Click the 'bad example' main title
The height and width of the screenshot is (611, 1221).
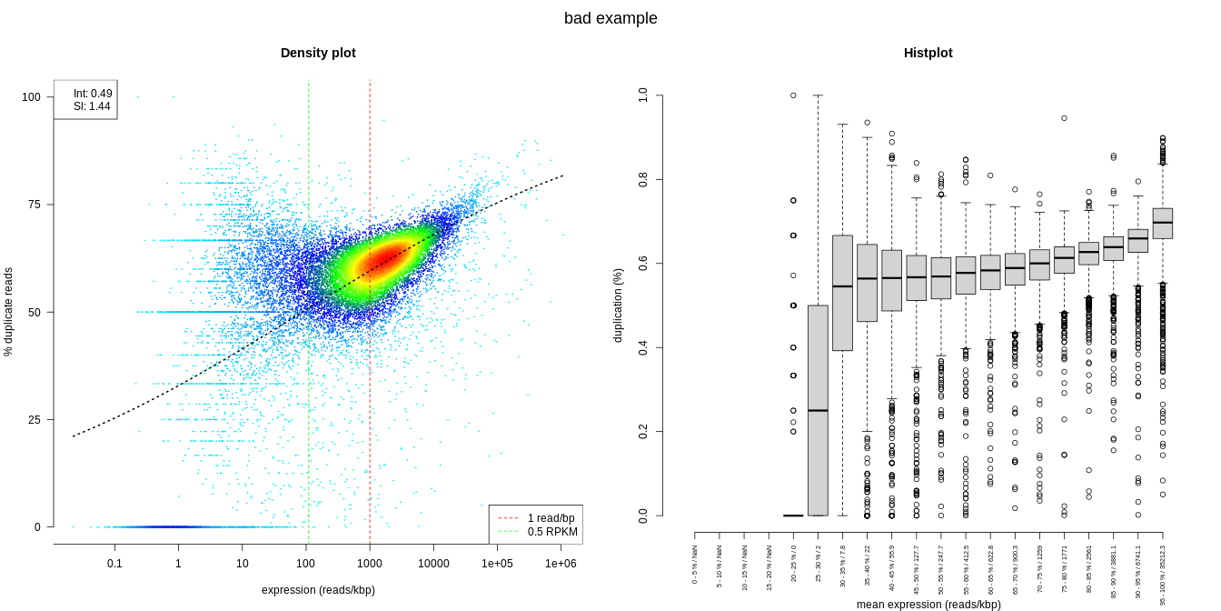[610, 18]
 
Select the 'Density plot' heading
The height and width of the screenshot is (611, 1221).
[318, 53]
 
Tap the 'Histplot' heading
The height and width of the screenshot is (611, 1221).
[928, 53]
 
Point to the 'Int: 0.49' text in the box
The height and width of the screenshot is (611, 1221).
[93, 93]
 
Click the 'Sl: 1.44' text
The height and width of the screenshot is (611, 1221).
[92, 106]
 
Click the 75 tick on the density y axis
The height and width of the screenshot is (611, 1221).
[37, 205]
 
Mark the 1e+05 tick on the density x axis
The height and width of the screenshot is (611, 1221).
[497, 564]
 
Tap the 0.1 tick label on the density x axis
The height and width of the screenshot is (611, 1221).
[114, 564]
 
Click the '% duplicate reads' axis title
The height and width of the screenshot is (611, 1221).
[9, 312]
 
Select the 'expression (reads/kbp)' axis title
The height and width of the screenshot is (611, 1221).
[318, 590]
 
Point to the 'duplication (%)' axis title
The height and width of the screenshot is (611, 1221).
[619, 305]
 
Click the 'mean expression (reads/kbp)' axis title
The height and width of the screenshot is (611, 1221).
[928, 604]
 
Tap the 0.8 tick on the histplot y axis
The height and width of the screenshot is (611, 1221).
[644, 179]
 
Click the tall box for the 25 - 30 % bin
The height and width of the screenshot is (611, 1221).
[818, 410]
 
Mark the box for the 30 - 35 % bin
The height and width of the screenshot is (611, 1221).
[842, 293]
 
